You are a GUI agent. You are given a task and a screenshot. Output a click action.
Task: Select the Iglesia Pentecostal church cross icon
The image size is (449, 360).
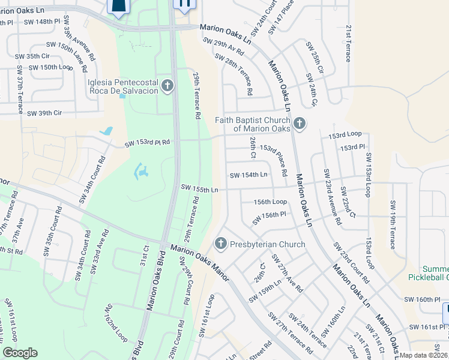[x=167, y=86]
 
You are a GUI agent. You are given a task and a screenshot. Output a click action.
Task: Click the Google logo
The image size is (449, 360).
[x=20, y=353]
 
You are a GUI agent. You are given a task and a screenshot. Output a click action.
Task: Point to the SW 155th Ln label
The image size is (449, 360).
[x=199, y=189]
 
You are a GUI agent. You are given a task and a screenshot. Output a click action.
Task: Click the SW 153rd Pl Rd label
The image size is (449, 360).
[x=148, y=143]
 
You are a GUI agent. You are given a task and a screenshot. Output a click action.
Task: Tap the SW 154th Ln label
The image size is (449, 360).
[x=249, y=175]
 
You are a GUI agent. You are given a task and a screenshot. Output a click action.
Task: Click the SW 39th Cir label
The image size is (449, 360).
[x=44, y=112]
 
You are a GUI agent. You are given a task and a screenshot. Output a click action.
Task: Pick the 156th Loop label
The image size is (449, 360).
[x=270, y=202]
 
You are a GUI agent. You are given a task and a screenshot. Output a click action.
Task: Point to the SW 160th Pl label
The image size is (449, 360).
[x=423, y=299]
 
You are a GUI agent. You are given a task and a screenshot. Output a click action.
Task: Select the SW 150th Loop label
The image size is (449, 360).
[x=51, y=67]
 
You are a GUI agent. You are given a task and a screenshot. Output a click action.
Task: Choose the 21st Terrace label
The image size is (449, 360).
[x=348, y=43]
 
